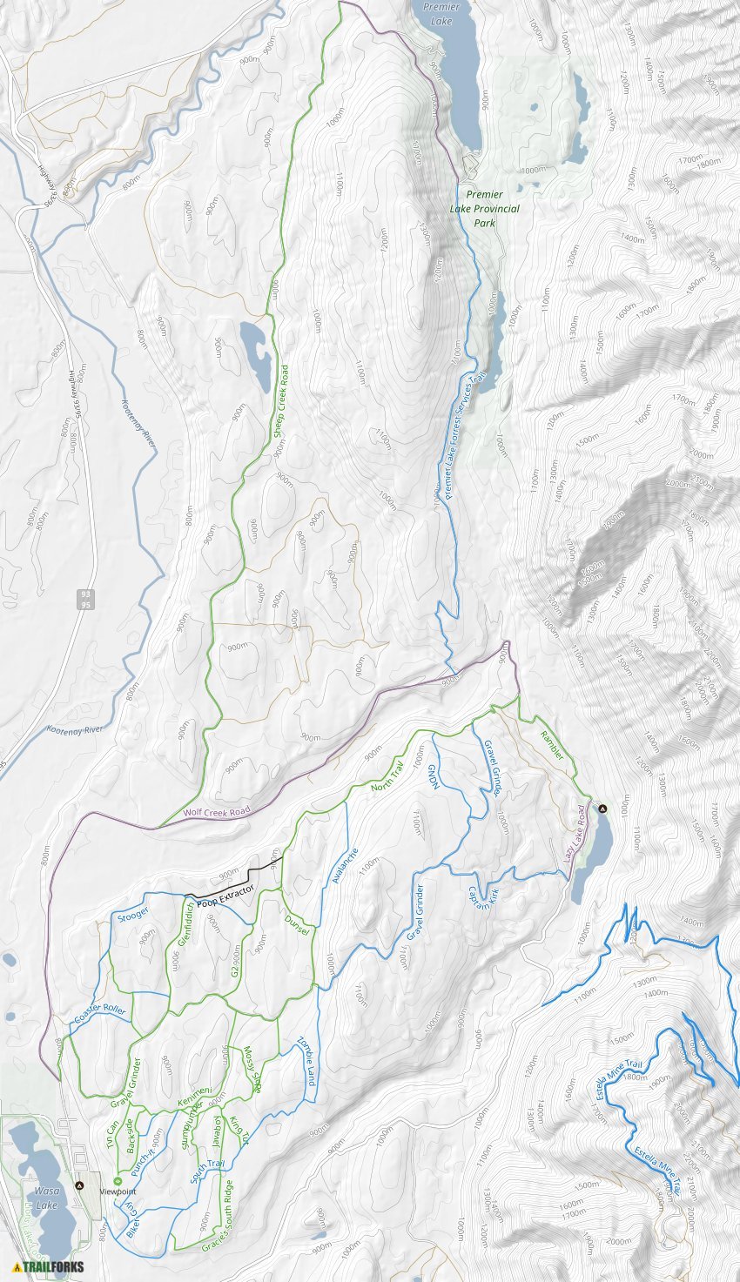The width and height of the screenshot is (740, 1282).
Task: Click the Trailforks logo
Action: [x=49, y=1266]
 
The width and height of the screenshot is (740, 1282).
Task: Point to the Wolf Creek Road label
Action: [x=216, y=812]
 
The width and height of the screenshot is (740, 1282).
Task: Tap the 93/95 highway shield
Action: [x=84, y=599]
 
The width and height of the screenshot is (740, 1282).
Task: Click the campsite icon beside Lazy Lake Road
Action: [x=602, y=809]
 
